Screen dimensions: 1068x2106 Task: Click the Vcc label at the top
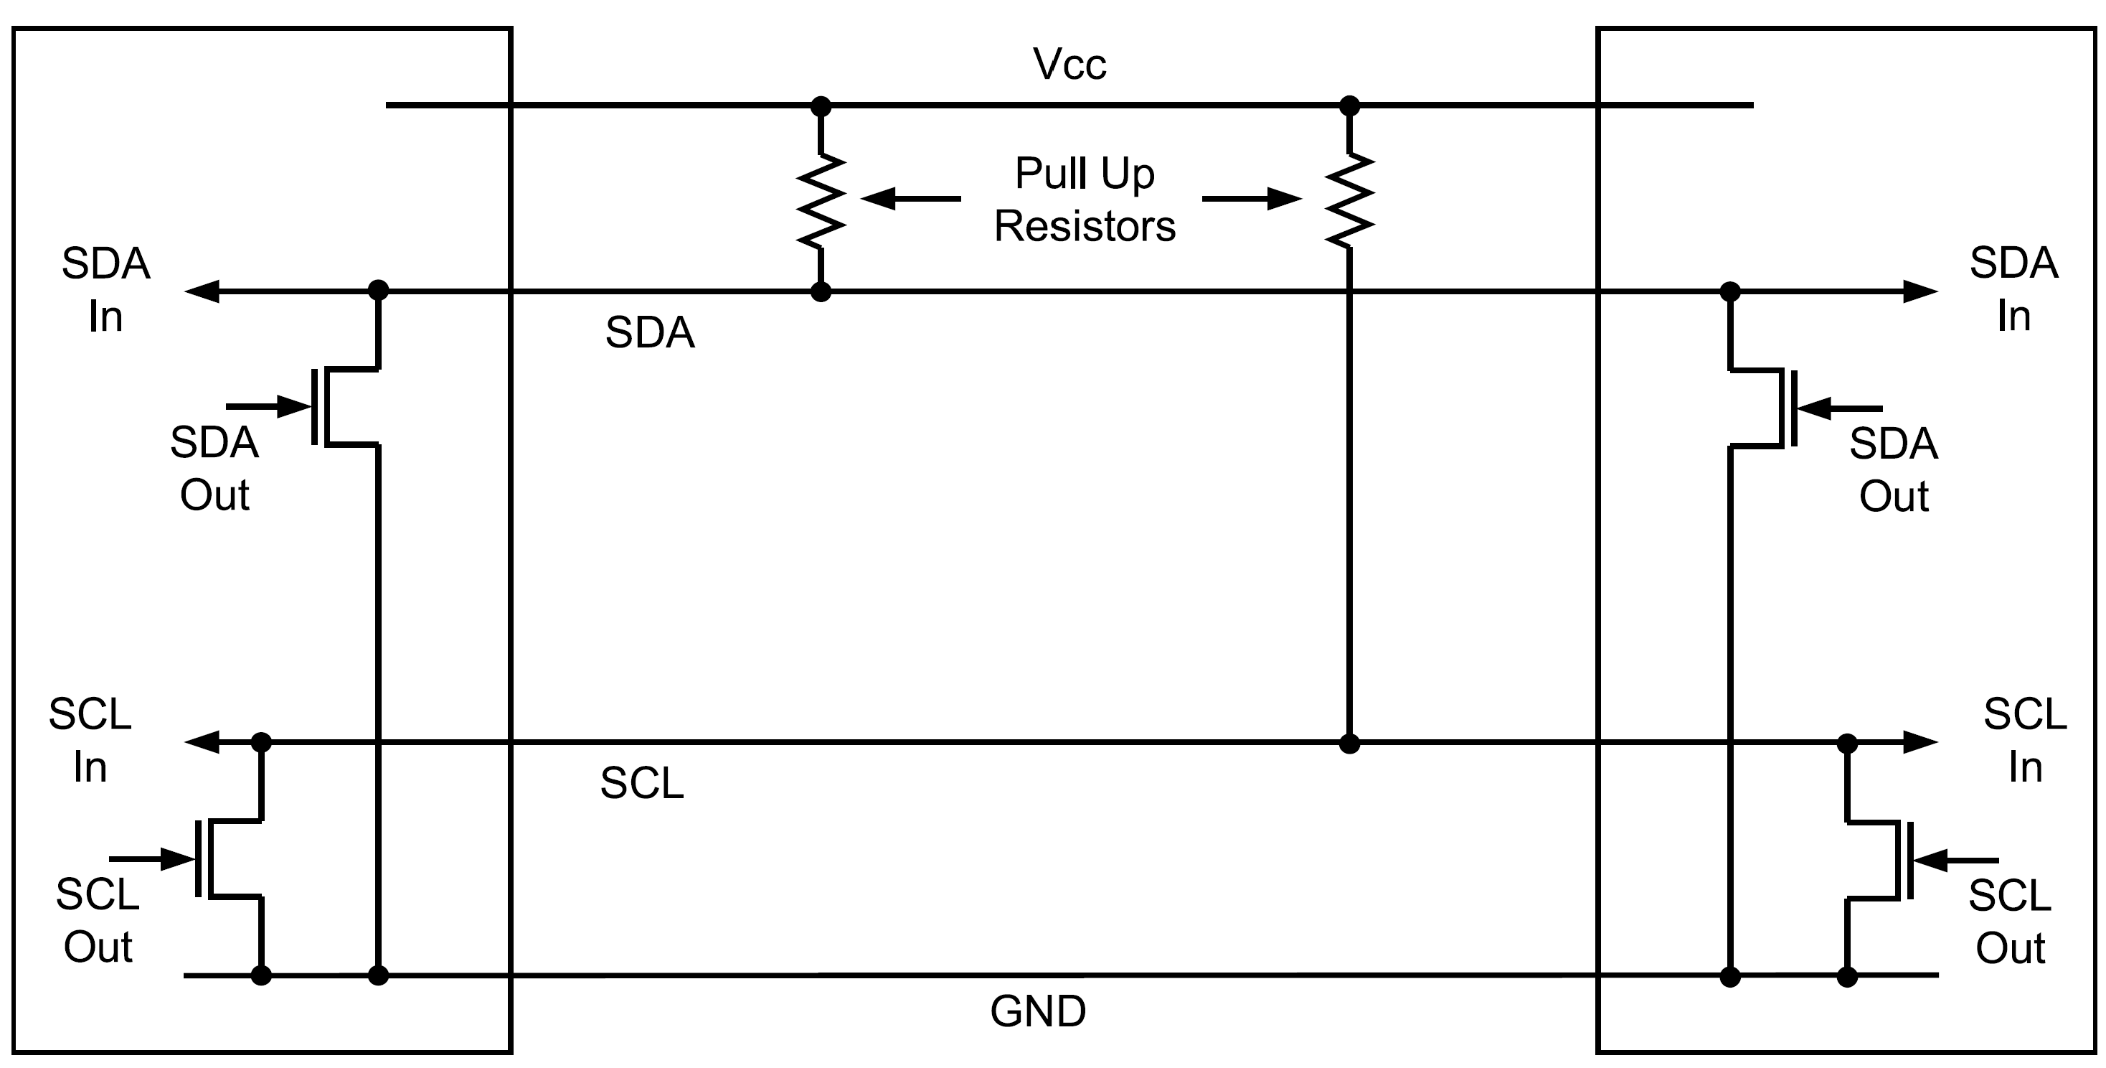1069,65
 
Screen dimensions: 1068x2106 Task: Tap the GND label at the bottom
1037,1011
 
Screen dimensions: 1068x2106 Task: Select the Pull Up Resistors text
1084,200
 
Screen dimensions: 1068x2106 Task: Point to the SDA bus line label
650,333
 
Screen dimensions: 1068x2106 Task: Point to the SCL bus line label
642,784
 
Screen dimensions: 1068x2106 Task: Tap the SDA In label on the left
105,289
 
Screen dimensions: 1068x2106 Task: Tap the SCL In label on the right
2024,741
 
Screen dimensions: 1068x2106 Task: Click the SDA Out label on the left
214,469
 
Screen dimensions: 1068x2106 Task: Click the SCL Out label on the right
2010,922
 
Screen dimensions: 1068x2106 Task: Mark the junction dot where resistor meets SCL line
1349,744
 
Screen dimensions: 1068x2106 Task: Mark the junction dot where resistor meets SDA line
820,291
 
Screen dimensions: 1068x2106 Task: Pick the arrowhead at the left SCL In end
202,741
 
